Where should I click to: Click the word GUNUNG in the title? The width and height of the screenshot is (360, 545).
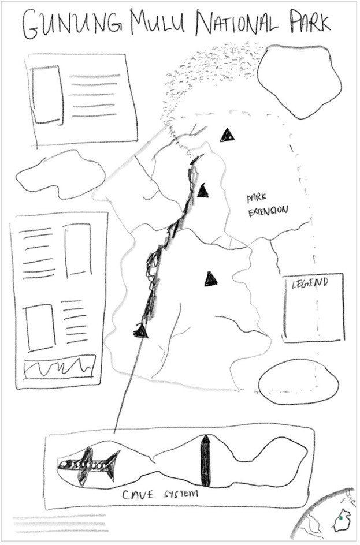pos(72,25)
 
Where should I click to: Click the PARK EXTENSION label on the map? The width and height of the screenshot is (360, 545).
pos(267,206)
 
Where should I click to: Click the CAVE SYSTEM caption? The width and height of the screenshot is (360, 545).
pos(160,494)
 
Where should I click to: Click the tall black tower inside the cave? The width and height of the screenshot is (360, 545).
pos(206,460)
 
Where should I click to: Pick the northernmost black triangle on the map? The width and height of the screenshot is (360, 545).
pos(227,135)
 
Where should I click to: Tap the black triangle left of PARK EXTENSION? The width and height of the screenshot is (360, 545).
pos(203,191)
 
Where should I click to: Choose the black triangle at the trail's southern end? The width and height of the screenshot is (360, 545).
pos(141,331)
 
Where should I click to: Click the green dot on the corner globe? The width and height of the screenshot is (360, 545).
pos(341,518)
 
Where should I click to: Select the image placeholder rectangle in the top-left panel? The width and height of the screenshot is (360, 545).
pos(47,95)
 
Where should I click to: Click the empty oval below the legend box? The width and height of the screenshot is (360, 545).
pos(299,385)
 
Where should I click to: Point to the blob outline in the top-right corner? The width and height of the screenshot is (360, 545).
pos(299,81)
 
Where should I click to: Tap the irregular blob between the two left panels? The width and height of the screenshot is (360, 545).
pos(61,175)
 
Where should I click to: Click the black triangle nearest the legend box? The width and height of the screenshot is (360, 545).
pos(211,279)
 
